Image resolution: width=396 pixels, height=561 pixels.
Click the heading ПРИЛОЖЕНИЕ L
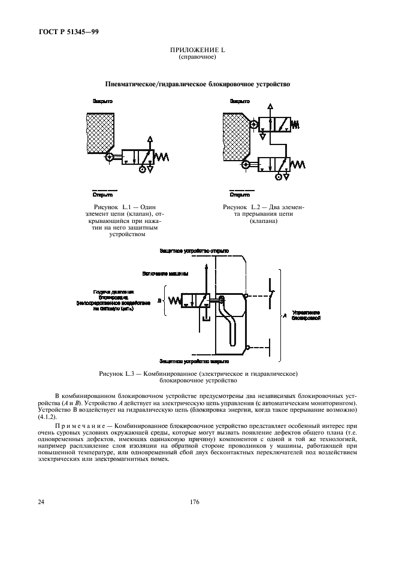(197, 50)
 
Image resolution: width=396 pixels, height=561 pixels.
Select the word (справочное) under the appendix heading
(197, 57)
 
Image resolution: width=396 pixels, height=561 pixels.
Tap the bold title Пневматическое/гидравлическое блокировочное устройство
(198, 85)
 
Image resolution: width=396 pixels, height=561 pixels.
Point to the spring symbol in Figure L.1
(162, 157)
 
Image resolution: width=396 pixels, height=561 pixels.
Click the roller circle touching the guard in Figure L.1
(109, 158)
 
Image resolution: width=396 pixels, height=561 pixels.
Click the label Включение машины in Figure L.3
(166, 273)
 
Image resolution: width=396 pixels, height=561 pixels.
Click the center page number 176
(195, 502)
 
